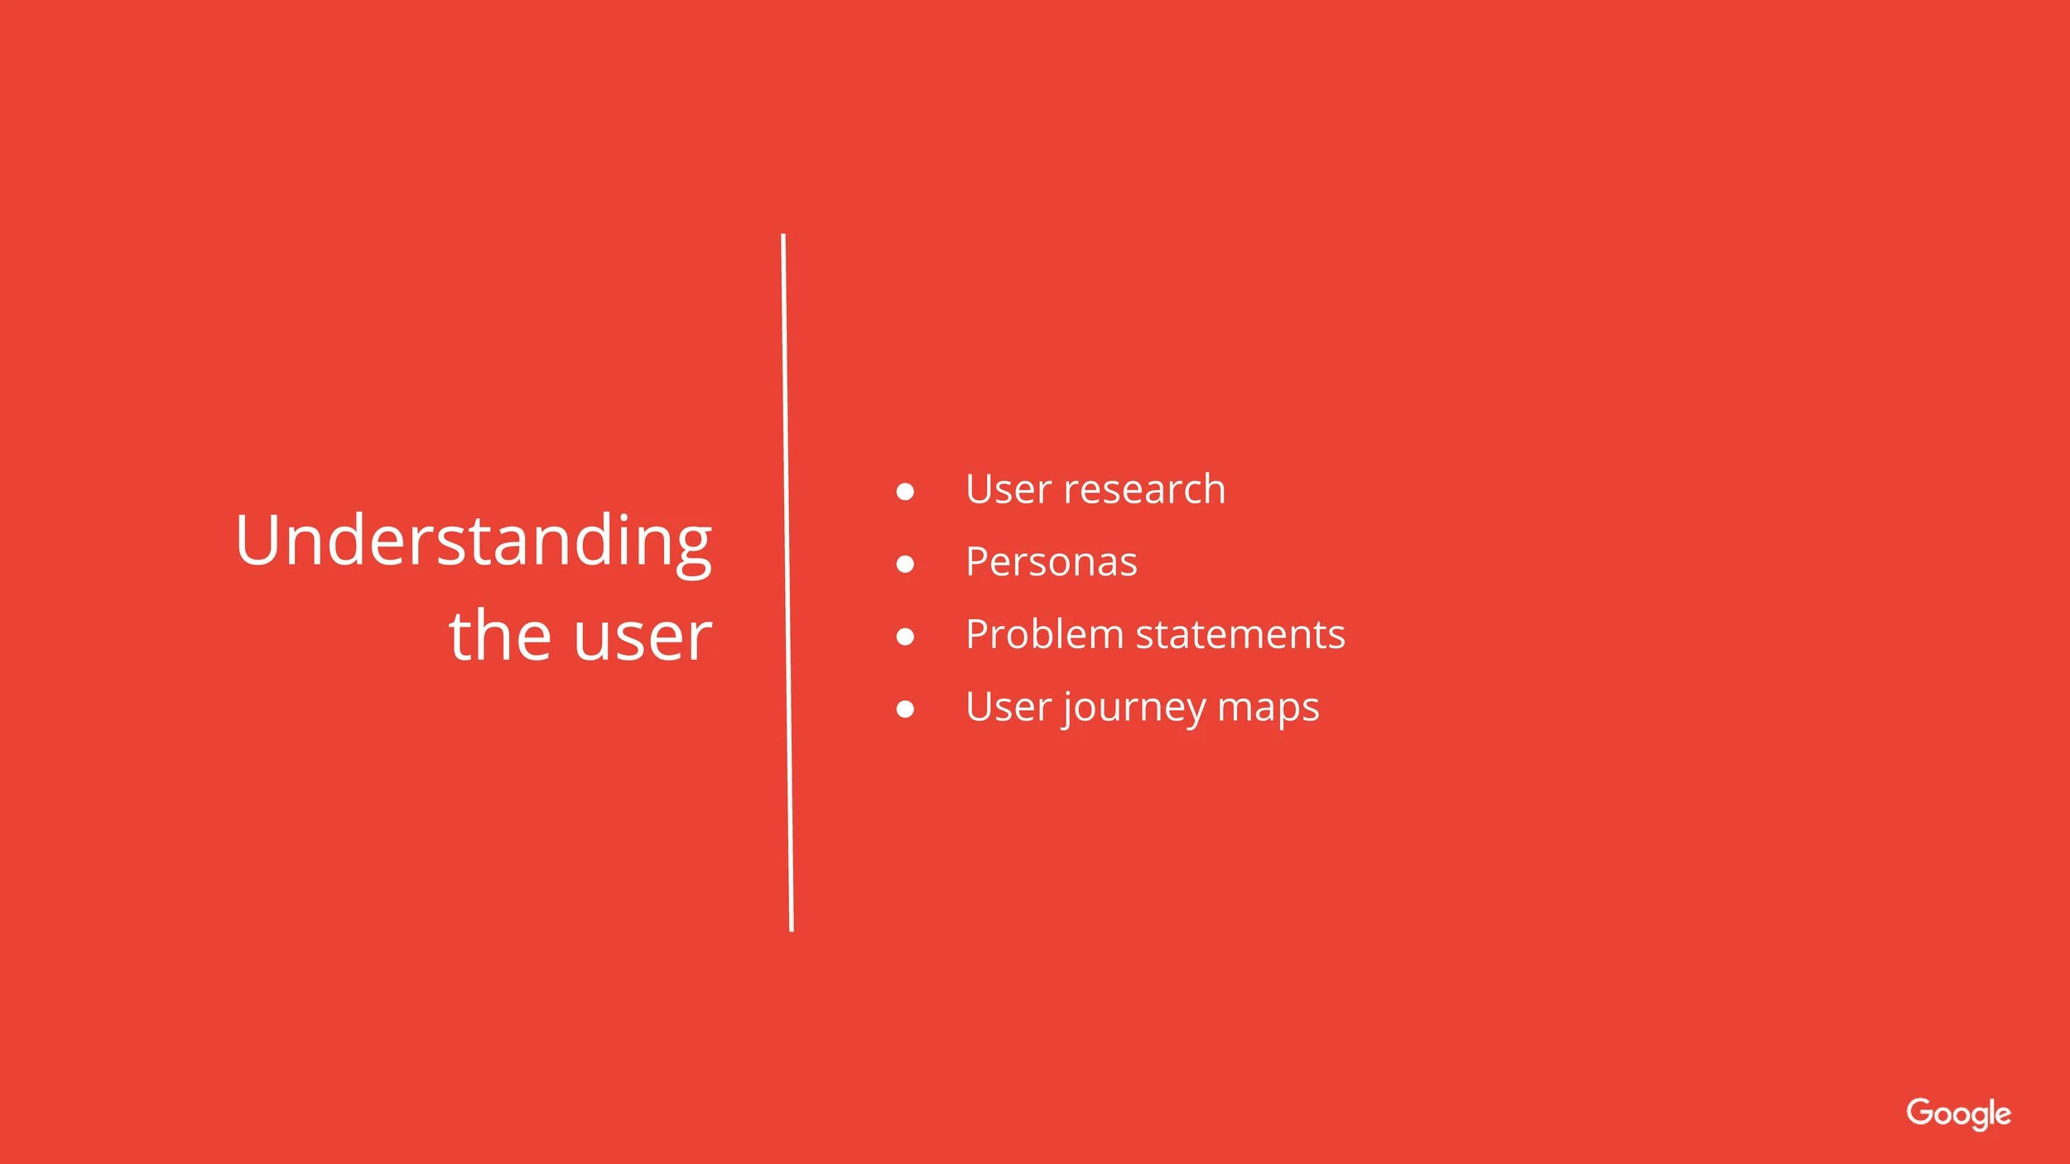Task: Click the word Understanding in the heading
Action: tap(473, 542)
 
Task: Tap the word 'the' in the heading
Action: tap(500, 636)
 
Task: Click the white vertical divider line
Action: tap(787, 580)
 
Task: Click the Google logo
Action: tap(1958, 1113)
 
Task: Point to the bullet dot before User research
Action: tap(905, 492)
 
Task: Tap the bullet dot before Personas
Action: tap(905, 565)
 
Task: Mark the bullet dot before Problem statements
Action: tap(905, 637)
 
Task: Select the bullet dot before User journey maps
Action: tap(905, 709)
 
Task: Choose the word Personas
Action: tap(1051, 562)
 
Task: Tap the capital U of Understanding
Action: tap(260, 540)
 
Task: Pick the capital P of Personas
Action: tap(979, 562)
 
